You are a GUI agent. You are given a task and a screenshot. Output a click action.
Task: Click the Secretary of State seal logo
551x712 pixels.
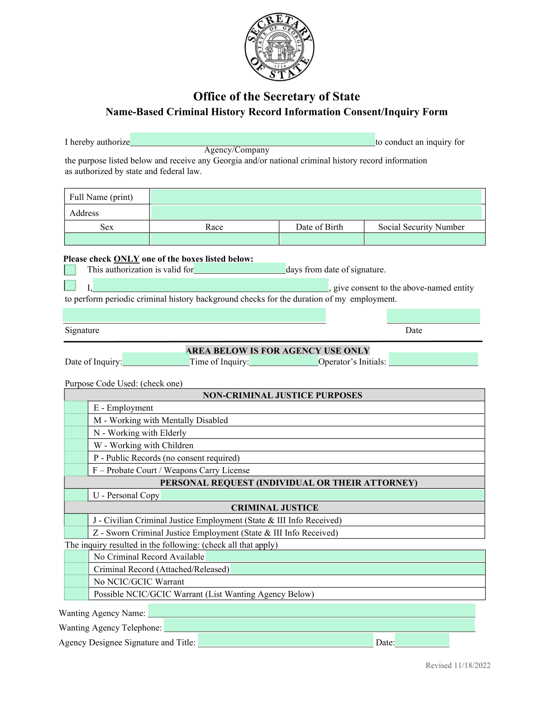(x=279, y=47)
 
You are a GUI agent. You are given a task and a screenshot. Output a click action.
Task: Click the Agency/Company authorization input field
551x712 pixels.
(x=252, y=139)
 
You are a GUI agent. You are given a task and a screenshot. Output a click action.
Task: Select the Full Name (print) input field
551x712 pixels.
(x=315, y=197)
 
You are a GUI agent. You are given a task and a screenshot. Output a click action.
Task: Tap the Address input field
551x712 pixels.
(x=316, y=212)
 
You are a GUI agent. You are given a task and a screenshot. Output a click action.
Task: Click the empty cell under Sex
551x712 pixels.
(x=107, y=239)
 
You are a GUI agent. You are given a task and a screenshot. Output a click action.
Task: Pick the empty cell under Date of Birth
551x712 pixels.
(x=322, y=239)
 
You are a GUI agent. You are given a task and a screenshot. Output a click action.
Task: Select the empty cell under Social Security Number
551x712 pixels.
(x=424, y=239)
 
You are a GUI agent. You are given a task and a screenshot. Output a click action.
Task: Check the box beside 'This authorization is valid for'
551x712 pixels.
(x=70, y=270)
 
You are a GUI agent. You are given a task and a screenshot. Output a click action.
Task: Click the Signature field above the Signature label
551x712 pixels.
(x=194, y=315)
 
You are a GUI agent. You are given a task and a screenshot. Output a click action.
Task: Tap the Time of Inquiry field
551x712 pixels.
(x=283, y=359)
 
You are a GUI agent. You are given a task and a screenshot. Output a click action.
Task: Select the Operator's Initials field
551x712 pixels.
(x=433, y=359)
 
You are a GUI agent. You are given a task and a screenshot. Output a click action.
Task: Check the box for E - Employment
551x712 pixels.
(x=76, y=408)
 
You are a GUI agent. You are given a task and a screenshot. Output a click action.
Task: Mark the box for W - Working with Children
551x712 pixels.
(x=76, y=445)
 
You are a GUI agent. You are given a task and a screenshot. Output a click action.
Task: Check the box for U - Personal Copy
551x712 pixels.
(x=76, y=495)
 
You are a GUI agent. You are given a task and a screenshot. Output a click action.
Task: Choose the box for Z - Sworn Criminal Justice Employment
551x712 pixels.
(x=76, y=532)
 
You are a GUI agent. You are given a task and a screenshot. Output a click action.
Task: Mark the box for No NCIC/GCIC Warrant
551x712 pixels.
(x=76, y=582)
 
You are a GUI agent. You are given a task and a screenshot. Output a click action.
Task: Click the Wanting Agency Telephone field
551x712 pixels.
(x=319, y=625)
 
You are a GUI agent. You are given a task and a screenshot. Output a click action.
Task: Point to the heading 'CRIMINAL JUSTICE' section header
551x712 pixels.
(x=274, y=508)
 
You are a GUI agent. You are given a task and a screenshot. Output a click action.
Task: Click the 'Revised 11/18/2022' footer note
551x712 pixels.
(x=458, y=665)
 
